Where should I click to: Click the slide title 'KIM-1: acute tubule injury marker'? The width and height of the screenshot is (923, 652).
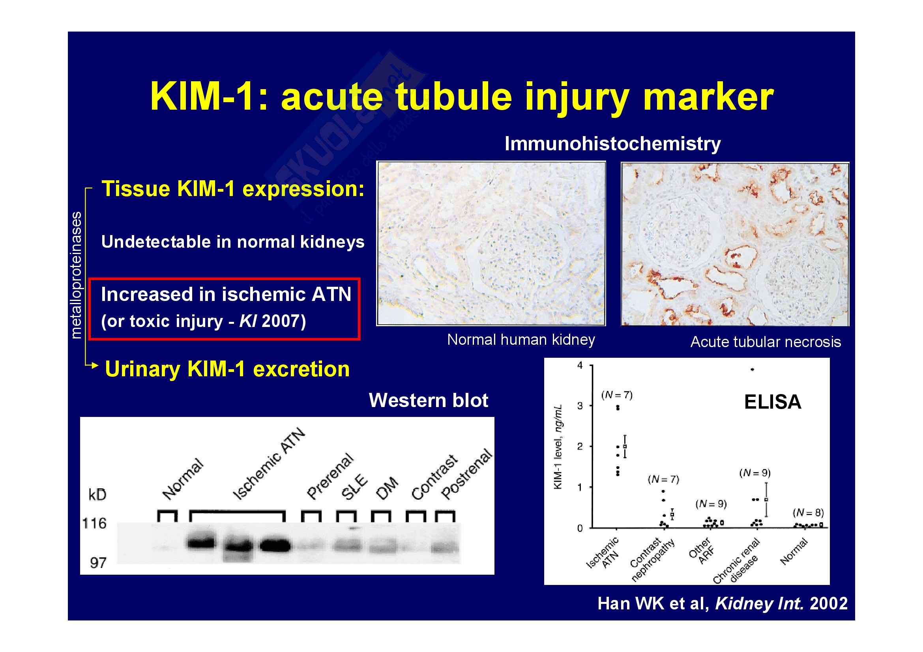tap(462, 97)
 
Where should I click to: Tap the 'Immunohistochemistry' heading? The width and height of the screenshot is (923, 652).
tap(612, 144)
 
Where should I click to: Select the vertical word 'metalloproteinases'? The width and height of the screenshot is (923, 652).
tap(76, 275)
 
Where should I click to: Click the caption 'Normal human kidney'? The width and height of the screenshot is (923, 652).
tap(521, 340)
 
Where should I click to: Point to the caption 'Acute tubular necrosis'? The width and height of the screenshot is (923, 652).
tap(766, 342)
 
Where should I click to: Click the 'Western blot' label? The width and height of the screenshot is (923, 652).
tap(429, 400)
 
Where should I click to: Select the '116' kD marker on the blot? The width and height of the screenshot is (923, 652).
tap(94, 523)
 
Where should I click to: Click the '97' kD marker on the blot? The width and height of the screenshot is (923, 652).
tap(98, 563)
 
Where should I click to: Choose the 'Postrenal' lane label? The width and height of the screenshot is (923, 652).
tap(466, 474)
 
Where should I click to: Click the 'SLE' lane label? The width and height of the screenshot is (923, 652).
tap(354, 487)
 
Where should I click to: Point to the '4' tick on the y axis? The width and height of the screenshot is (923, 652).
tap(580, 365)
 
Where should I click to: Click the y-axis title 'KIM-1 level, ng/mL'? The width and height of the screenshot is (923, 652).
tap(558, 447)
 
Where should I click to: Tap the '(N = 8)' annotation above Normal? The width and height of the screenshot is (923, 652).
tap(809, 513)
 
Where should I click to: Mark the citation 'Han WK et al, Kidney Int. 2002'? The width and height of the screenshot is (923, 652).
tap(723, 603)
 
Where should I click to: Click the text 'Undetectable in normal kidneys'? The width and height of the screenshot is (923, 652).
tap(233, 242)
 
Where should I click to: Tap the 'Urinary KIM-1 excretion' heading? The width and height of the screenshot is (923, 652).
tap(227, 369)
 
